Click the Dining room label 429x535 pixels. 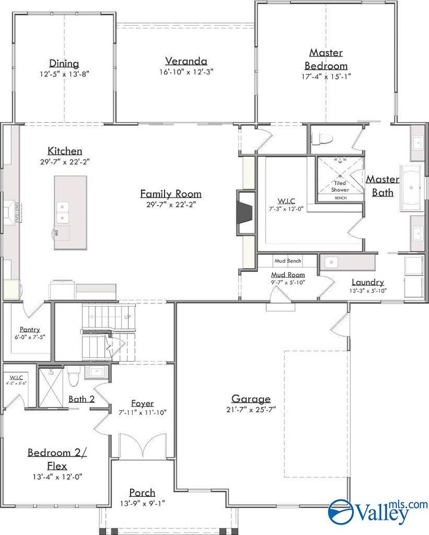[64, 64]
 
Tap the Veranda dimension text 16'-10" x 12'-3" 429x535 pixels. [186, 71]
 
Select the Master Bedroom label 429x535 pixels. [326, 59]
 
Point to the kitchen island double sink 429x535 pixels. [63, 207]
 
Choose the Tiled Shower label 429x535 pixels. [340, 186]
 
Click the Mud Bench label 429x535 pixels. [288, 261]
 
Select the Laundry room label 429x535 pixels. [368, 282]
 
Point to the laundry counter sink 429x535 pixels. [331, 262]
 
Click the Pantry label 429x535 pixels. [29, 328]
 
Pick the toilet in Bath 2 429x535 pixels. [74, 378]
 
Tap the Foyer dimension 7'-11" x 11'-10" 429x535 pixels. [142, 412]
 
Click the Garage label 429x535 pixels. [251, 399]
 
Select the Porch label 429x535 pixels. [142, 493]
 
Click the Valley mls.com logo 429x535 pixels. [378, 511]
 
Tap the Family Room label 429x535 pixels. [170, 194]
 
